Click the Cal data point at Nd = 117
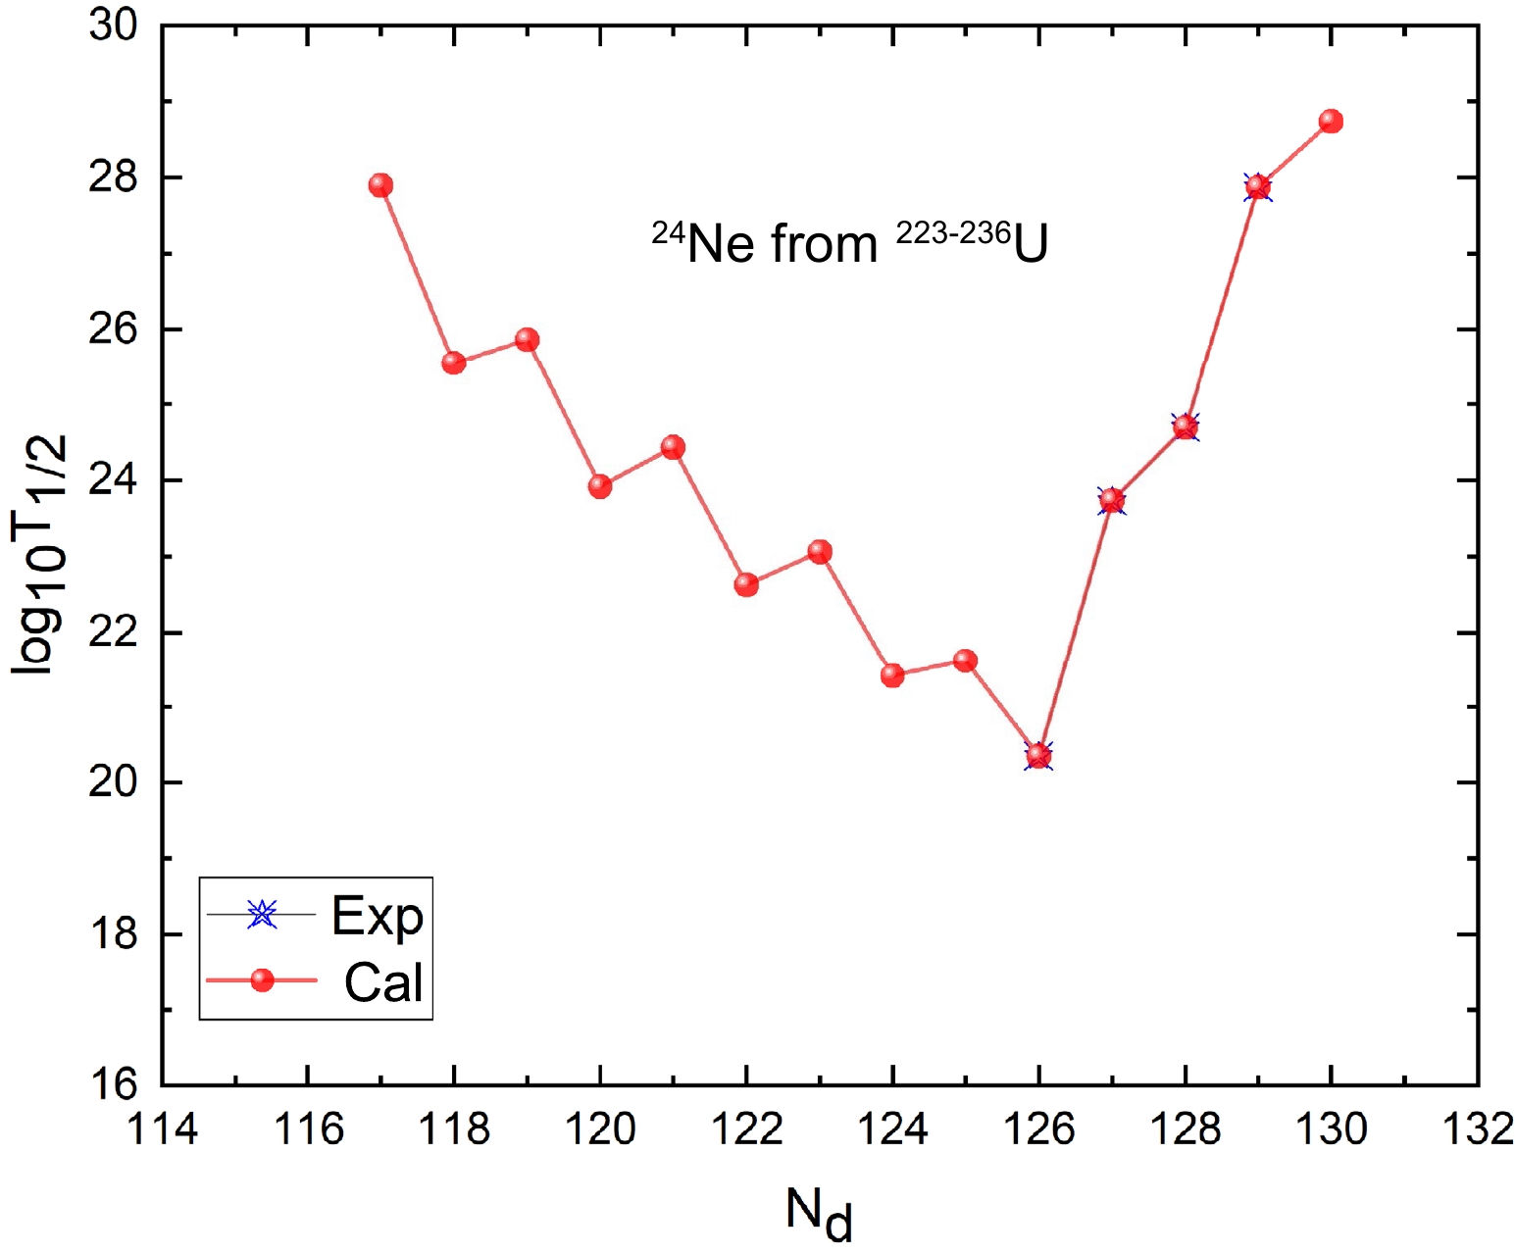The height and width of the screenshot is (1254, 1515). tap(380, 185)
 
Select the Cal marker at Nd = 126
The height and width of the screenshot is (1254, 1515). tap(1039, 755)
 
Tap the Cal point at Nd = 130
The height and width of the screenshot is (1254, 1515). tap(1331, 122)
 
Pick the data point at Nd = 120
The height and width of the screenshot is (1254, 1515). tap(600, 486)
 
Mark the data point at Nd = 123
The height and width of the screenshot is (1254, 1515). tap(820, 552)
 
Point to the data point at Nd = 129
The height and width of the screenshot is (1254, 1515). tap(1258, 186)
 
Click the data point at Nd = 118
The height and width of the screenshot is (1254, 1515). tap(453, 363)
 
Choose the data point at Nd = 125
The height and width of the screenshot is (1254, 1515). tap(966, 660)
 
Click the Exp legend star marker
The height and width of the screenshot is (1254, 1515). tap(262, 914)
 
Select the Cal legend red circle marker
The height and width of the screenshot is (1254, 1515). tap(262, 979)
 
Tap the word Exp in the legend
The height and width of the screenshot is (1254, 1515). tap(378, 916)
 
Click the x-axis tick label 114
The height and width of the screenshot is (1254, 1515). tap(163, 1129)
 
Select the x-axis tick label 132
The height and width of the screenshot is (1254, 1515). tap(1478, 1129)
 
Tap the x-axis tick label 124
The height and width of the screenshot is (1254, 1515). tap(892, 1129)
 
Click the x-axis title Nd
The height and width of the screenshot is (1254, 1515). tap(819, 1212)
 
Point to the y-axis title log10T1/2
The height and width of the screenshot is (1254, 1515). tap(41, 554)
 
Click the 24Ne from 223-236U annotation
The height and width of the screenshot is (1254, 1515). tap(850, 243)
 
